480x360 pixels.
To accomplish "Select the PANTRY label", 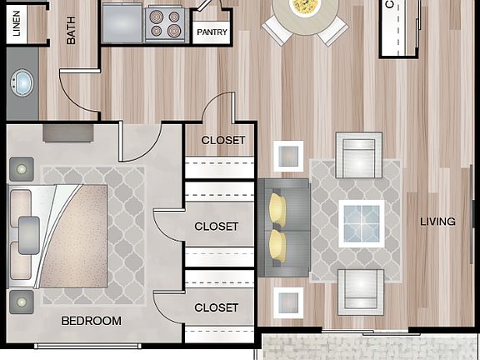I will tap(212, 32).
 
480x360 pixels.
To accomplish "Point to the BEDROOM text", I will tap(91, 321).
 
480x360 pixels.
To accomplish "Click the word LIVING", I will tap(437, 222).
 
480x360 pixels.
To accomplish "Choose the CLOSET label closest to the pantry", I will tap(223, 140).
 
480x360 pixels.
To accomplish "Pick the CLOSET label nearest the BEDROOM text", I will tap(216, 307).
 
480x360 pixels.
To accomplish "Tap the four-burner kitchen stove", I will tap(163, 23).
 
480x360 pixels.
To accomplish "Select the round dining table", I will tap(305, 12).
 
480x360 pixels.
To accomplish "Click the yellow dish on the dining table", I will tap(305, 7).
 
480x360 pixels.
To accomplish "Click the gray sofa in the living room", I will tap(282, 227).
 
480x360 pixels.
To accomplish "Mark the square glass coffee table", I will tap(361, 224).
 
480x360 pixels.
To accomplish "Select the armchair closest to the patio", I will tap(360, 292).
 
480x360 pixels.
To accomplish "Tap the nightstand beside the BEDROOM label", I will tap(21, 301).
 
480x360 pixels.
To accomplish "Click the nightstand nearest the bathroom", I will tap(21, 169).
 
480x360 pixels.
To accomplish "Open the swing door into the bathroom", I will tap(79, 93).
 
